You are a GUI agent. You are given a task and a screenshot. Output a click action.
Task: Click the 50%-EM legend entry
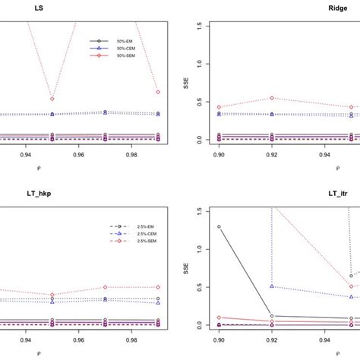[125, 40]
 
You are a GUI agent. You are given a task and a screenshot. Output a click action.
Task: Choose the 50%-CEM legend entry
[125, 48]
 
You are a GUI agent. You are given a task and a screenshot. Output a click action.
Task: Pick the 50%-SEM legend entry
[125, 55]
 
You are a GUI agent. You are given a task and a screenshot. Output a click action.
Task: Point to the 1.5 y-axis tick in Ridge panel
[198, 25]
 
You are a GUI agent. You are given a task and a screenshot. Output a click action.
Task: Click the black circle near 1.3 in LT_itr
[219, 205]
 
